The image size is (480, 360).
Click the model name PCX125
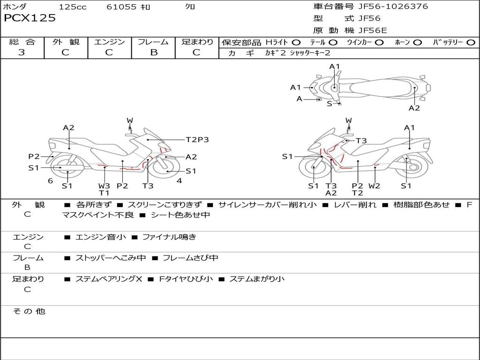click(30, 18)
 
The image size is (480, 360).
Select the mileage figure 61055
click(121, 7)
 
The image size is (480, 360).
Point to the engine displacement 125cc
click(73, 7)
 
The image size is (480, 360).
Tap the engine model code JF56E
click(373, 30)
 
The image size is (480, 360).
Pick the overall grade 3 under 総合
click(22, 52)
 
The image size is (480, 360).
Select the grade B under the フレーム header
click(153, 52)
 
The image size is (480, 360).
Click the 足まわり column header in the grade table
click(197, 42)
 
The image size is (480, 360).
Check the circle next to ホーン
click(418, 42)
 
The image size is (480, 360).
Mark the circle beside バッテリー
click(471, 42)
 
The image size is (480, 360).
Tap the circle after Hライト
click(296, 42)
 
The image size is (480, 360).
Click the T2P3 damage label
click(197, 140)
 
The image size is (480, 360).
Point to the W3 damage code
click(104, 185)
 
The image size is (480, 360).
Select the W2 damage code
click(374, 186)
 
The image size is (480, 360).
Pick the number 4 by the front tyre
click(179, 181)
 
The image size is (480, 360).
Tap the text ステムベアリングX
click(108, 279)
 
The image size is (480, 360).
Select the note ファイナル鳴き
click(169, 237)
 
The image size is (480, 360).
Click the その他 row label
click(29, 311)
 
